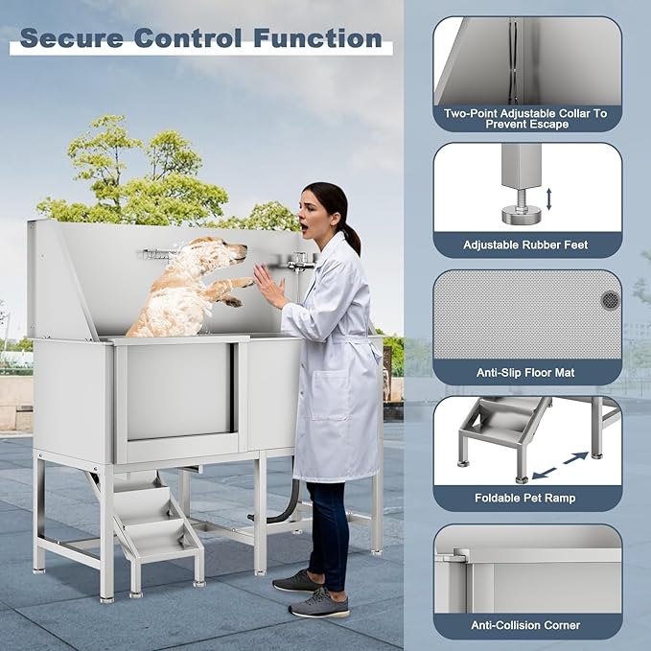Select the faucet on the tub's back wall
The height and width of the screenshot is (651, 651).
coord(300,260)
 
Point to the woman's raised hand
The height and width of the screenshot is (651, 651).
coord(266,286)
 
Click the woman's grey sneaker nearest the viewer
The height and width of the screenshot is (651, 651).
coord(319,603)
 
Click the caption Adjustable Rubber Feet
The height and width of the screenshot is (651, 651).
coord(525,245)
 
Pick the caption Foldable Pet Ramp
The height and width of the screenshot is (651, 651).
coord(525,499)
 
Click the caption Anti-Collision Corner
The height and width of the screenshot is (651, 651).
coord(525,625)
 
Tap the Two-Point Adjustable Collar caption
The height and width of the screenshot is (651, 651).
coord(525,118)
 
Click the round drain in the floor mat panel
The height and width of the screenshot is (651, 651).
coord(610,300)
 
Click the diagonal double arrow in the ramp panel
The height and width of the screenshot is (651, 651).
coord(562,465)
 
